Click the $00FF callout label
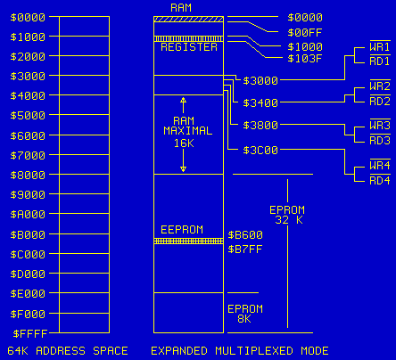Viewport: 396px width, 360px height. point(305,31)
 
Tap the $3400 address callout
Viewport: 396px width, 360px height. point(260,103)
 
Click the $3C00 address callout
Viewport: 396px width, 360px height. point(260,150)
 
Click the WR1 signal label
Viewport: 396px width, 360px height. point(379,46)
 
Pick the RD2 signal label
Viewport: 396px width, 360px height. point(379,101)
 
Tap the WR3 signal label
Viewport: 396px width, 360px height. point(379,126)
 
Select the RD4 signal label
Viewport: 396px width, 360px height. point(379,180)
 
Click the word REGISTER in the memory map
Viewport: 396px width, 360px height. point(188,46)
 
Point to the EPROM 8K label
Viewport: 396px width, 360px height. point(245,312)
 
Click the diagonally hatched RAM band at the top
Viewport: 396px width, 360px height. point(188,19)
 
